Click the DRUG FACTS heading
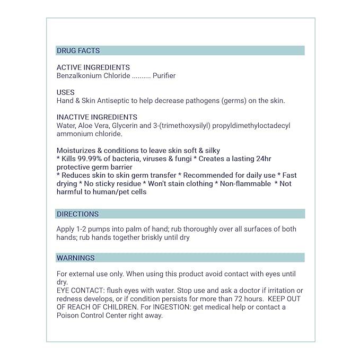tap(78, 51)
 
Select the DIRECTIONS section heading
tap(77, 214)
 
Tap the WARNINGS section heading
tap(75, 258)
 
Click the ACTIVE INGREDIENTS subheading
tap(93, 68)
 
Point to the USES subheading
tap(66, 92)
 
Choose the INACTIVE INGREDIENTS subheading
tap(96, 117)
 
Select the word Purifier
tap(164, 76)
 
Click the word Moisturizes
tap(75, 151)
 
